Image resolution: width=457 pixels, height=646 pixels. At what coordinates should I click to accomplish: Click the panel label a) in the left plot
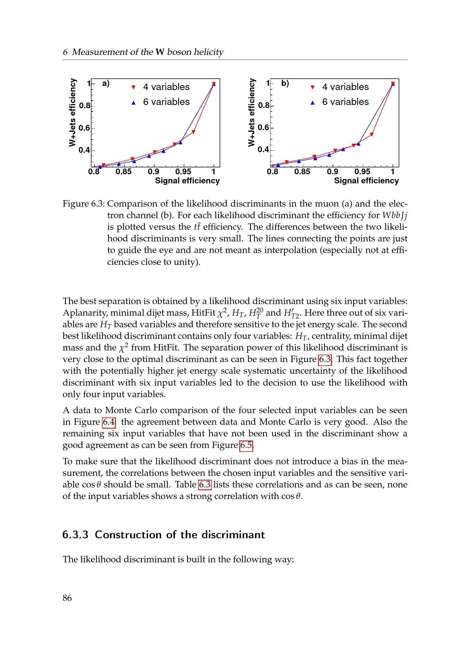106,83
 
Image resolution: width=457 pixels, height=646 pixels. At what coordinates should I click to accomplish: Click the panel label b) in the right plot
285,83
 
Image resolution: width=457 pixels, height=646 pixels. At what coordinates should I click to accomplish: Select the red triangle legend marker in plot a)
134,88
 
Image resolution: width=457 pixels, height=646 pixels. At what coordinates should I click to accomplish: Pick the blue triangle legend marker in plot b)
312,103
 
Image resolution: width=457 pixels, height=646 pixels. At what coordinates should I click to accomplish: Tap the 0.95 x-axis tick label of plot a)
183,172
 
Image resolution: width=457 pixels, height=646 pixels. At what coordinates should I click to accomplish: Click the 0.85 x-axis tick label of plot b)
302,172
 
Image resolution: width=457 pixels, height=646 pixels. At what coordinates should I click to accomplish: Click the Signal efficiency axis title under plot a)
187,181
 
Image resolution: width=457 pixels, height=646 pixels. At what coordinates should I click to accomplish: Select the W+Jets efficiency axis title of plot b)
251,112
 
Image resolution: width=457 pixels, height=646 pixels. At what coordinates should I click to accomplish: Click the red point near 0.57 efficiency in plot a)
193,132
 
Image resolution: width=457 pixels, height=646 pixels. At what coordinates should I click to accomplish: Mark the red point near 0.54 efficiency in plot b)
371,135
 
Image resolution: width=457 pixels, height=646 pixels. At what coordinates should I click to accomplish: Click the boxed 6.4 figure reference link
109,422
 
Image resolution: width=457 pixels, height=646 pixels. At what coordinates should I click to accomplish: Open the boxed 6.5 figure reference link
246,445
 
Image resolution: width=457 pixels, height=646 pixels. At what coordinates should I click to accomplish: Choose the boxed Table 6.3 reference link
204,484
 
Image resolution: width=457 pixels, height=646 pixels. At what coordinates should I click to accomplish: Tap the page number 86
67,598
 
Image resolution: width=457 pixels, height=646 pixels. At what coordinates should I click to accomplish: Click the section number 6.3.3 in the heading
75,535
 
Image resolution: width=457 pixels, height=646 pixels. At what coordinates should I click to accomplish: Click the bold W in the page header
160,52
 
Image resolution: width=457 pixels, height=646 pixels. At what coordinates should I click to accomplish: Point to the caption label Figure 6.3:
83,204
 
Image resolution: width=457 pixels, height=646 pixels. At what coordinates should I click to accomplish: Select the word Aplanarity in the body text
85,313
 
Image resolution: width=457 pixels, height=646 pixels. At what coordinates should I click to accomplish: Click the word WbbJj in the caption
395,215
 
